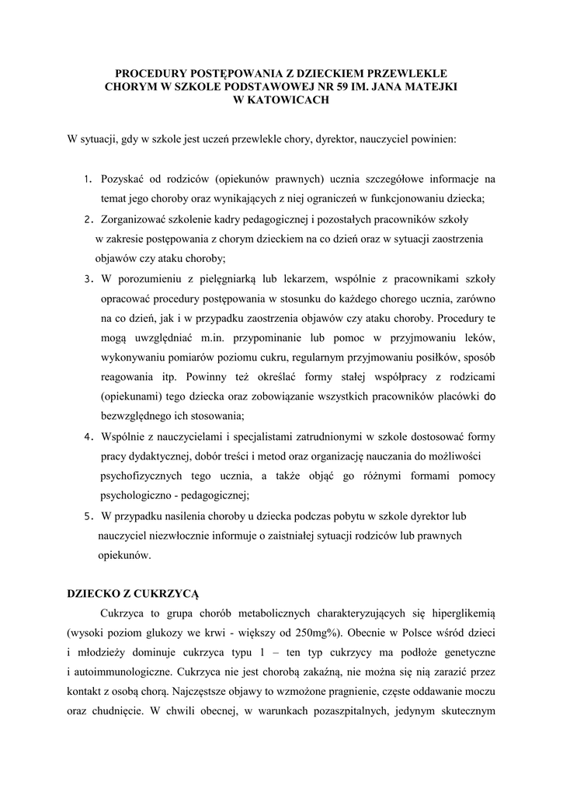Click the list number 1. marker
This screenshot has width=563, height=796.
click(89, 179)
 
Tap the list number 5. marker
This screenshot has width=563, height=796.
click(89, 516)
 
